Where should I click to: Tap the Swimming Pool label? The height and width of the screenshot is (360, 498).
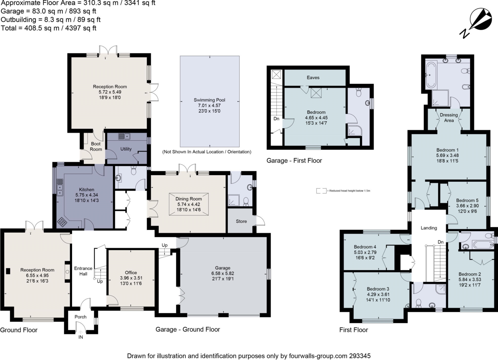[x=209, y=100]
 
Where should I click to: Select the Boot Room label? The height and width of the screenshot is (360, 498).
[x=96, y=146]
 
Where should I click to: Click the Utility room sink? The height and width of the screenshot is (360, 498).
[x=124, y=136]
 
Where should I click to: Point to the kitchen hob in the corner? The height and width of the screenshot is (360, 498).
[x=62, y=222]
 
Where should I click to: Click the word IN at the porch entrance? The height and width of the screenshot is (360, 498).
[x=81, y=337]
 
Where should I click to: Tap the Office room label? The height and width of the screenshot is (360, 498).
[x=131, y=272]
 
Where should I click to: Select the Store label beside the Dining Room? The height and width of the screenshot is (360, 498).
[x=241, y=221]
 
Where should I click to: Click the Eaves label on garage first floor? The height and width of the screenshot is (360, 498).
[x=313, y=78]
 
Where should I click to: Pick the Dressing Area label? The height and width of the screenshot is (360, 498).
[x=449, y=117]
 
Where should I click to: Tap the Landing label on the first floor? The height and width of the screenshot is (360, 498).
[x=429, y=228]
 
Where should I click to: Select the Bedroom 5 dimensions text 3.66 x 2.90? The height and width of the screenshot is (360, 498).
[x=467, y=206]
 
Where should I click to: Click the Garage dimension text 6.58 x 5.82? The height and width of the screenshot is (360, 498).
[x=222, y=273]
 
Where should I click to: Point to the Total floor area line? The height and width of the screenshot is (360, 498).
[x=48, y=28]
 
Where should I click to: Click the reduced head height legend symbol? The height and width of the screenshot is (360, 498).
[x=321, y=191]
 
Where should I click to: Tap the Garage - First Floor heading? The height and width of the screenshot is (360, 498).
[x=294, y=161]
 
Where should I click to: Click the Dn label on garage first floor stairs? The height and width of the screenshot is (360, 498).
[x=276, y=119]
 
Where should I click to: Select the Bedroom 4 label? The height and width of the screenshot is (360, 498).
[x=365, y=247]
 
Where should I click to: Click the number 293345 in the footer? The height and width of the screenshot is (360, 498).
[x=360, y=356]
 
